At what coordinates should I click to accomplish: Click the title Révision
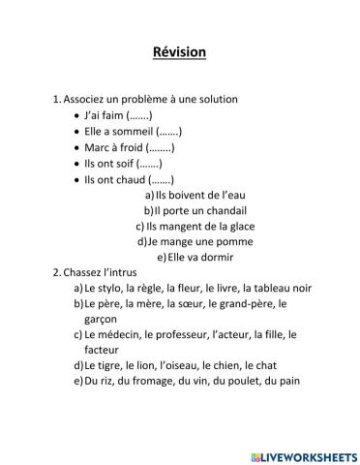pos(179,52)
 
